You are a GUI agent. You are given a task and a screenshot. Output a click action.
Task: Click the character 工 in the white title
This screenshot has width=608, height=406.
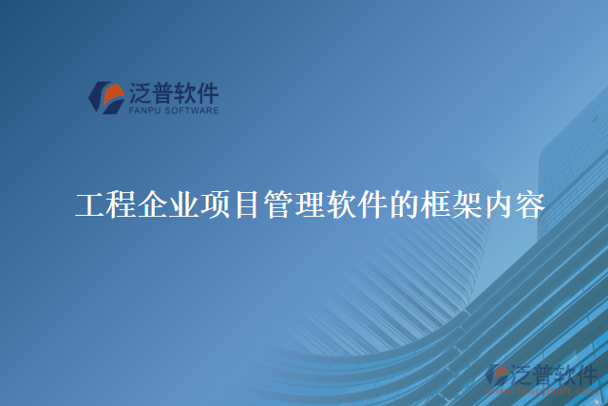pos(90,204)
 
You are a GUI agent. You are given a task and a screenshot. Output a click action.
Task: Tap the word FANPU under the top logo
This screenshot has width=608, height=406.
pos(144,111)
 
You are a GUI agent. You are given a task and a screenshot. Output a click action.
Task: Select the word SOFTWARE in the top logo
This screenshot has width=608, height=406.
pos(192,111)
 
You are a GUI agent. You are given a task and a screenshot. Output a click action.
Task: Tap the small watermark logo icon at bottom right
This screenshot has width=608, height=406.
pos(497,375)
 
